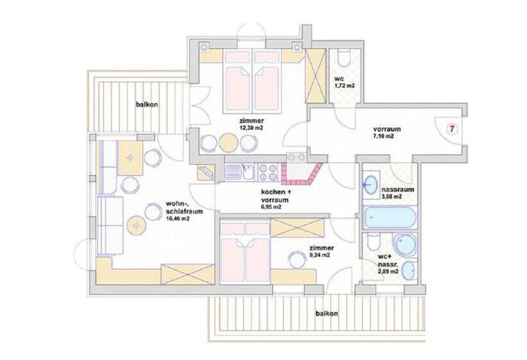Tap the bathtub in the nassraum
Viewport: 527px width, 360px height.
point(389,217)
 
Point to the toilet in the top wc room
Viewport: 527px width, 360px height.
point(342,60)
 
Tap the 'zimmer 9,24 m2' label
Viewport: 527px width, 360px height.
point(319,251)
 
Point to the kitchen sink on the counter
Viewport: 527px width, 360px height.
point(235,172)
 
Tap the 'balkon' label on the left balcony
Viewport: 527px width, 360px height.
point(147,104)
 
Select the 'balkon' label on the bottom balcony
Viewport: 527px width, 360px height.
point(327,313)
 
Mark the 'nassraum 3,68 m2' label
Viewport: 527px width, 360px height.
point(397,194)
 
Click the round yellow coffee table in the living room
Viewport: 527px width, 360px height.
point(136,225)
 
